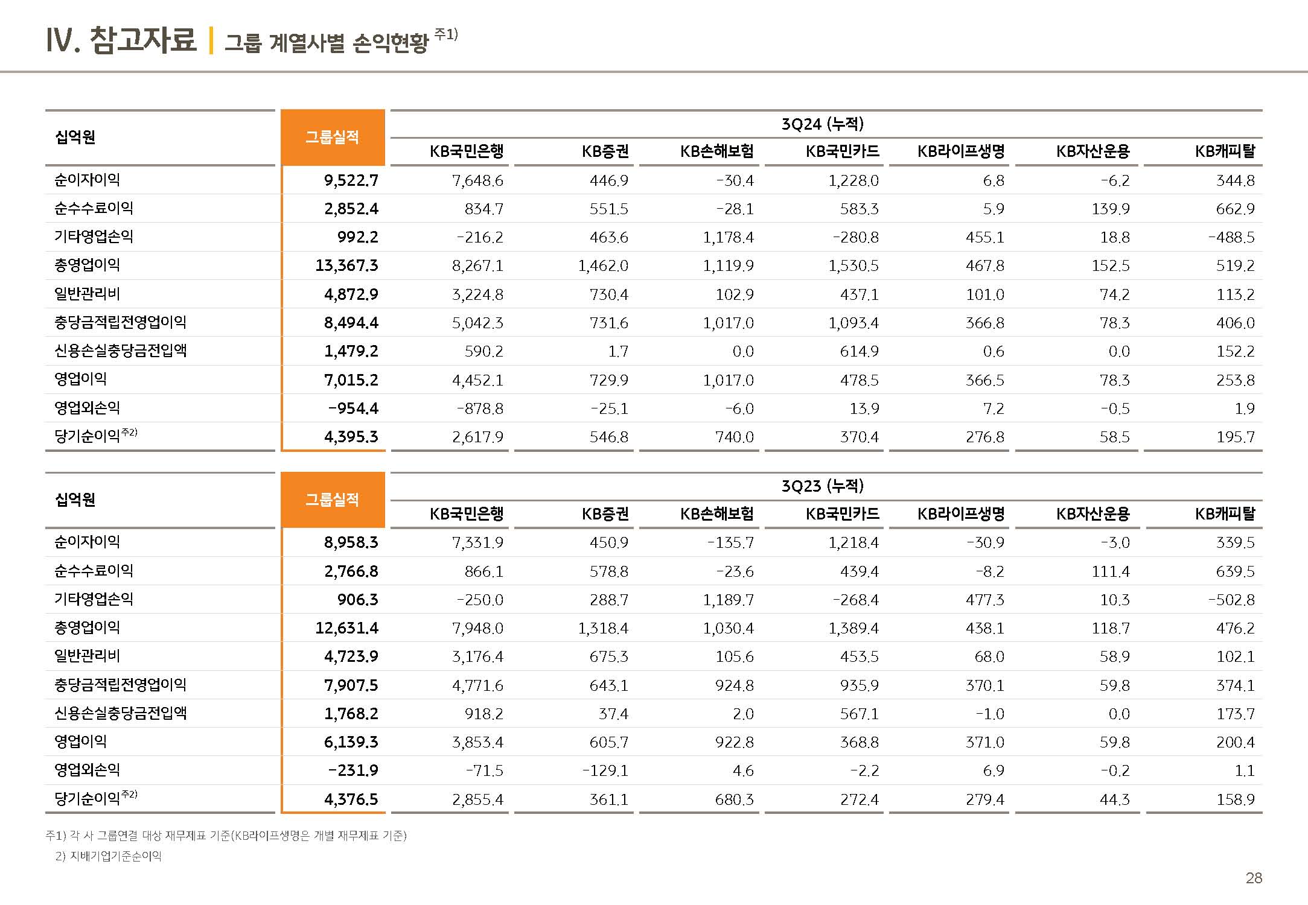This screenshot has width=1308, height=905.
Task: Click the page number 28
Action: coord(1254,878)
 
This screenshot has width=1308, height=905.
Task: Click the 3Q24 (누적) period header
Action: coord(822,124)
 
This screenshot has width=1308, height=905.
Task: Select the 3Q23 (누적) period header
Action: coord(822,486)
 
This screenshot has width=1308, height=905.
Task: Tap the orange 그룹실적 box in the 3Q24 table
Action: coord(333,138)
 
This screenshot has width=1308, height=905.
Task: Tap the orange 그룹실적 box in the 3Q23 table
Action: coord(333,500)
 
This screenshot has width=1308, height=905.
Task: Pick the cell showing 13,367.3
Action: coord(346,265)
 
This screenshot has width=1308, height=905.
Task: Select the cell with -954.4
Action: coord(353,408)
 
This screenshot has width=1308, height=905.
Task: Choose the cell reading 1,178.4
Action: coord(728,237)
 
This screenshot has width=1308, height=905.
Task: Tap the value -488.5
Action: coord(1231,237)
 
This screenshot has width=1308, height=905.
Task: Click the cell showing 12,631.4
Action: coord(346,628)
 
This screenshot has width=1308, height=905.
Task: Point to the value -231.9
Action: coord(353,770)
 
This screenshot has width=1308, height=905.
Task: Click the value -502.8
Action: coord(1231,600)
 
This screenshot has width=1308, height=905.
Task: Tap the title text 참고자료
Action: coord(142,40)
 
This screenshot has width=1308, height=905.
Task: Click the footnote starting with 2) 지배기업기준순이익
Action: coord(109,856)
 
